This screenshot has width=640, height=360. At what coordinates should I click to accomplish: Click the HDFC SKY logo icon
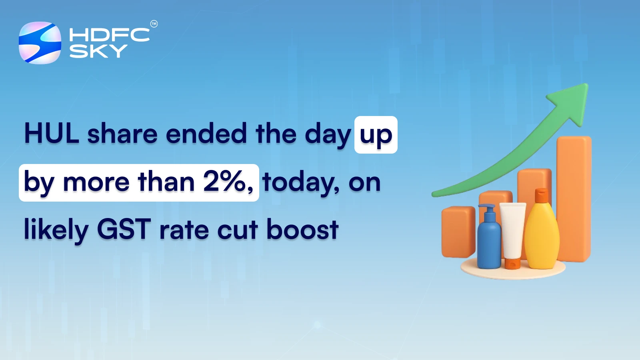[40, 43]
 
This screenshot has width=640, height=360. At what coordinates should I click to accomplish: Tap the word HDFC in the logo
[109, 35]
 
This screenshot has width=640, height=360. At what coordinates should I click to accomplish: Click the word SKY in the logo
[98, 51]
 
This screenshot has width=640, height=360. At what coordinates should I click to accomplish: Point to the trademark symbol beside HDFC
[154, 24]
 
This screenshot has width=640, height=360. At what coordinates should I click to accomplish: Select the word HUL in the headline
[52, 133]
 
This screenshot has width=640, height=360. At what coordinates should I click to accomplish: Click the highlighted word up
[376, 135]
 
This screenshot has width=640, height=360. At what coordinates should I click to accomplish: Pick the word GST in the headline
[124, 230]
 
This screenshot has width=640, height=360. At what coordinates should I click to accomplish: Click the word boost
[302, 230]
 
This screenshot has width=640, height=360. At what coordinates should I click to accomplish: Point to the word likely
[56, 230]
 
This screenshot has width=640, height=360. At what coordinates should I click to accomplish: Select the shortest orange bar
[458, 232]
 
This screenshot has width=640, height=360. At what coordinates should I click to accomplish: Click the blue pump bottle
[489, 244]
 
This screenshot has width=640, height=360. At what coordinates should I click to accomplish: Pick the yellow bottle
[542, 236]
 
